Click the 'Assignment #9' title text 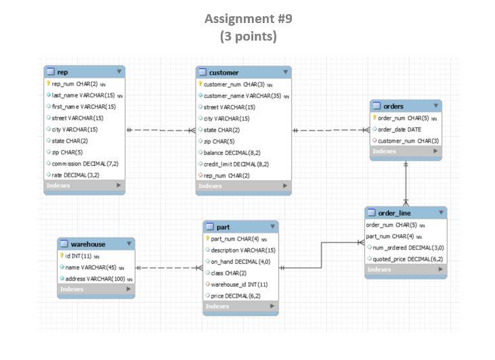(248, 18)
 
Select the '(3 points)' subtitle (248, 37)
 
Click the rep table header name (62, 72)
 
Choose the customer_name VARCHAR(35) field (242, 95)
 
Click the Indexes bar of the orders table (406, 152)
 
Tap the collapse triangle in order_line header (440, 212)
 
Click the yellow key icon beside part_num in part (207, 238)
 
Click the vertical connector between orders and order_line (406, 183)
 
